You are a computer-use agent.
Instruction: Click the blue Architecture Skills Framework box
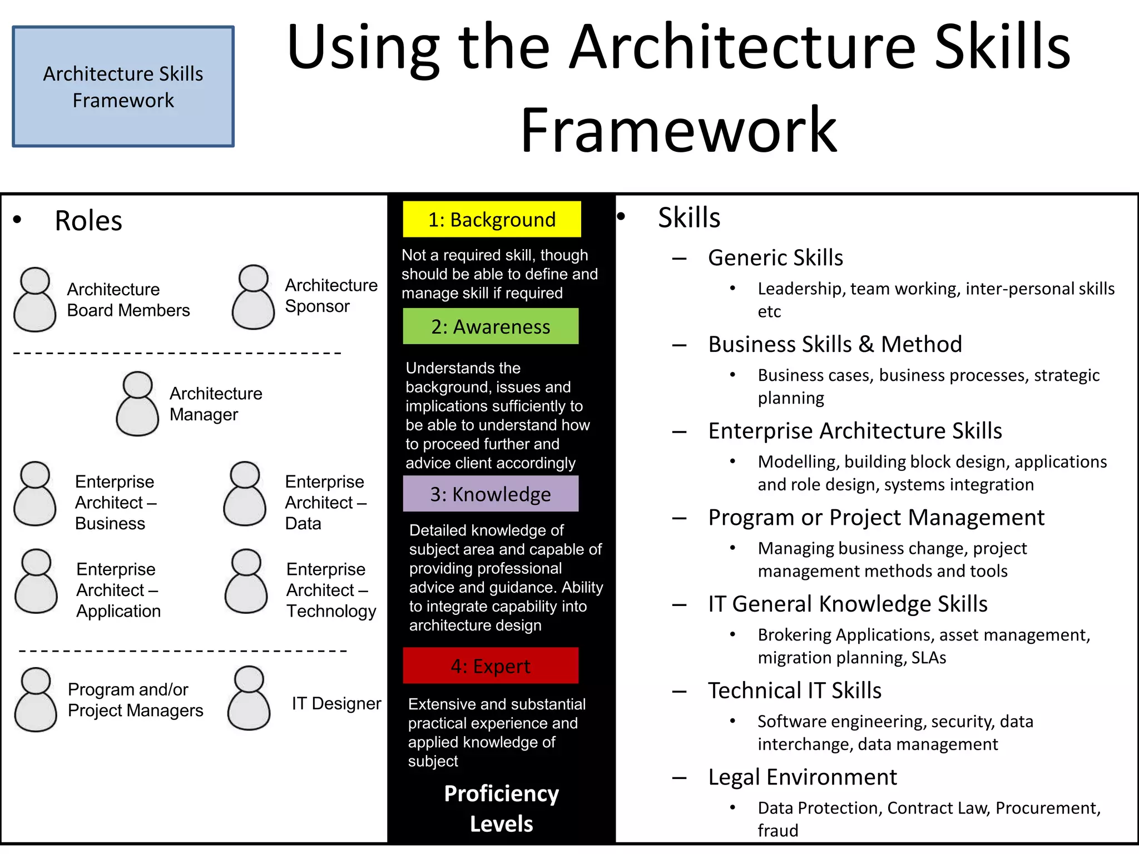coord(123,87)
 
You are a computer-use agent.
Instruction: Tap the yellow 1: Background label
coord(492,219)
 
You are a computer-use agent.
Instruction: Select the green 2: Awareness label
coord(491,326)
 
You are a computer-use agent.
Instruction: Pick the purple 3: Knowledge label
coord(491,494)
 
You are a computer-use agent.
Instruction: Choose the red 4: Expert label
coord(491,666)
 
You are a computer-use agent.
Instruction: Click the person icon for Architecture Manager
coord(137,404)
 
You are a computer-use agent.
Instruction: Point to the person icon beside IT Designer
coord(249,698)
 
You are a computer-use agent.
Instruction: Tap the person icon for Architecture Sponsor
coord(253,297)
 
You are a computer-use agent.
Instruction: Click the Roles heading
coord(88,221)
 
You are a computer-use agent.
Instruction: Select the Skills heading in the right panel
coord(689,217)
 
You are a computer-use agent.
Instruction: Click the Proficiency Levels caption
coord(501,808)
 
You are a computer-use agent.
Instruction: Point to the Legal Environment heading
coord(802,777)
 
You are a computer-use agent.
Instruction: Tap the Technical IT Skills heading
coord(794,691)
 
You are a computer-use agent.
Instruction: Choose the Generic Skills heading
coord(775,258)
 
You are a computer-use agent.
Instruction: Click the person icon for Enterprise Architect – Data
coord(245,494)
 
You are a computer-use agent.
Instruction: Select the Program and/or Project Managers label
coord(135,700)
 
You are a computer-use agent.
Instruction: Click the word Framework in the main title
coord(679,130)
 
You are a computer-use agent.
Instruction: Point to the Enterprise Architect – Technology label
coord(331,590)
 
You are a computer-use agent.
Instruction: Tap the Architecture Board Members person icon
coord(35,300)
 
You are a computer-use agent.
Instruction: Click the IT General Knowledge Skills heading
coord(847,604)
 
